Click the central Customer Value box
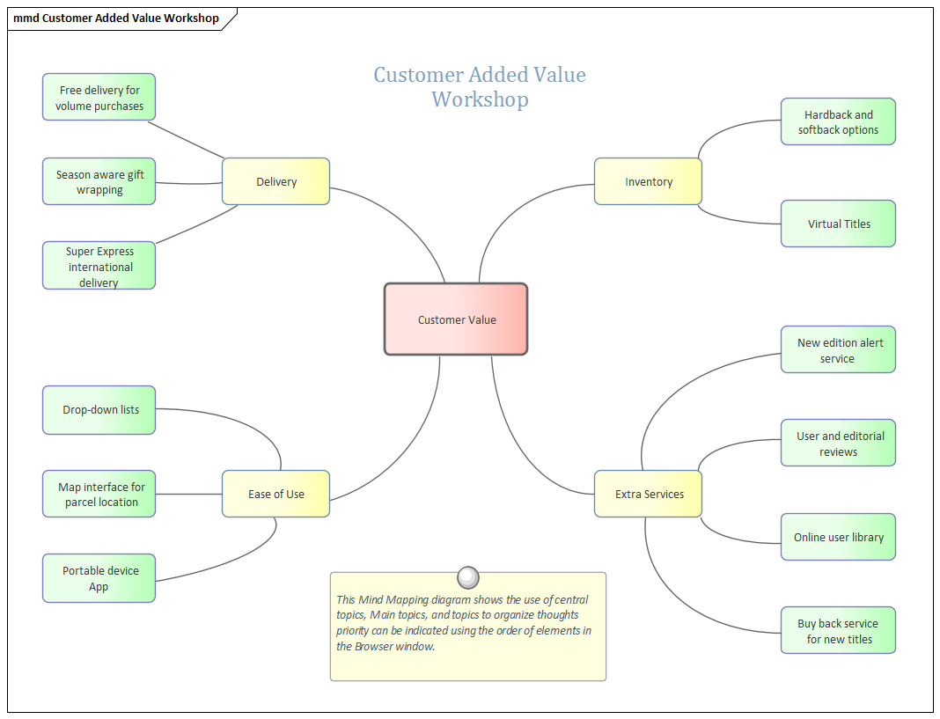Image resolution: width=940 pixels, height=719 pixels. click(456, 319)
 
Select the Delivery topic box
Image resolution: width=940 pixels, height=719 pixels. click(276, 181)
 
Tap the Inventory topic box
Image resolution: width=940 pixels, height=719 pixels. click(648, 181)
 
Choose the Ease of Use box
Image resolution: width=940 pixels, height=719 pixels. click(276, 494)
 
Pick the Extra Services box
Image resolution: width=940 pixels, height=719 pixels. click(649, 494)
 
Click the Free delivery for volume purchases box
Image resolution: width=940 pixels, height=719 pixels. click(99, 98)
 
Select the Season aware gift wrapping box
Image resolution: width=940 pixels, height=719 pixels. click(99, 182)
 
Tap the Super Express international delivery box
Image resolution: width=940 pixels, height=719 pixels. click(99, 266)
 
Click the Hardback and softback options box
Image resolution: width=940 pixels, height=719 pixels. click(838, 122)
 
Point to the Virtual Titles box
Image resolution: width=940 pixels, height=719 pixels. click(838, 224)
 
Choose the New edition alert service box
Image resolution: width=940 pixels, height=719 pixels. click(838, 350)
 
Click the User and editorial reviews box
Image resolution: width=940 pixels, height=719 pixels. click(838, 444)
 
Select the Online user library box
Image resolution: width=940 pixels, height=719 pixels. click(838, 537)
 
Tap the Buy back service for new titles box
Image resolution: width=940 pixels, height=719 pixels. click(838, 631)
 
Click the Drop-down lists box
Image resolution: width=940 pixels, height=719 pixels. click(99, 410)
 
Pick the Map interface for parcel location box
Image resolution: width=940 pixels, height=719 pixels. click(99, 495)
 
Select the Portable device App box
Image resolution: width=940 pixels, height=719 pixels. click(99, 578)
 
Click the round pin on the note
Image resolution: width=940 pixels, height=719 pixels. click(469, 577)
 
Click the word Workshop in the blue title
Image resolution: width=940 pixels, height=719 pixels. click(480, 99)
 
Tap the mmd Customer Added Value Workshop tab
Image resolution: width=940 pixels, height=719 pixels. click(116, 18)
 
